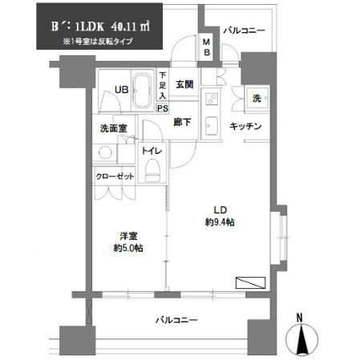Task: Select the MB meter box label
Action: (206, 48)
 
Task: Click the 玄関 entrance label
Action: (184, 85)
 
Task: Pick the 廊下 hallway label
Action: (182, 123)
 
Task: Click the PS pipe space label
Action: (162, 107)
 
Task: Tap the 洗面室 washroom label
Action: (113, 128)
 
